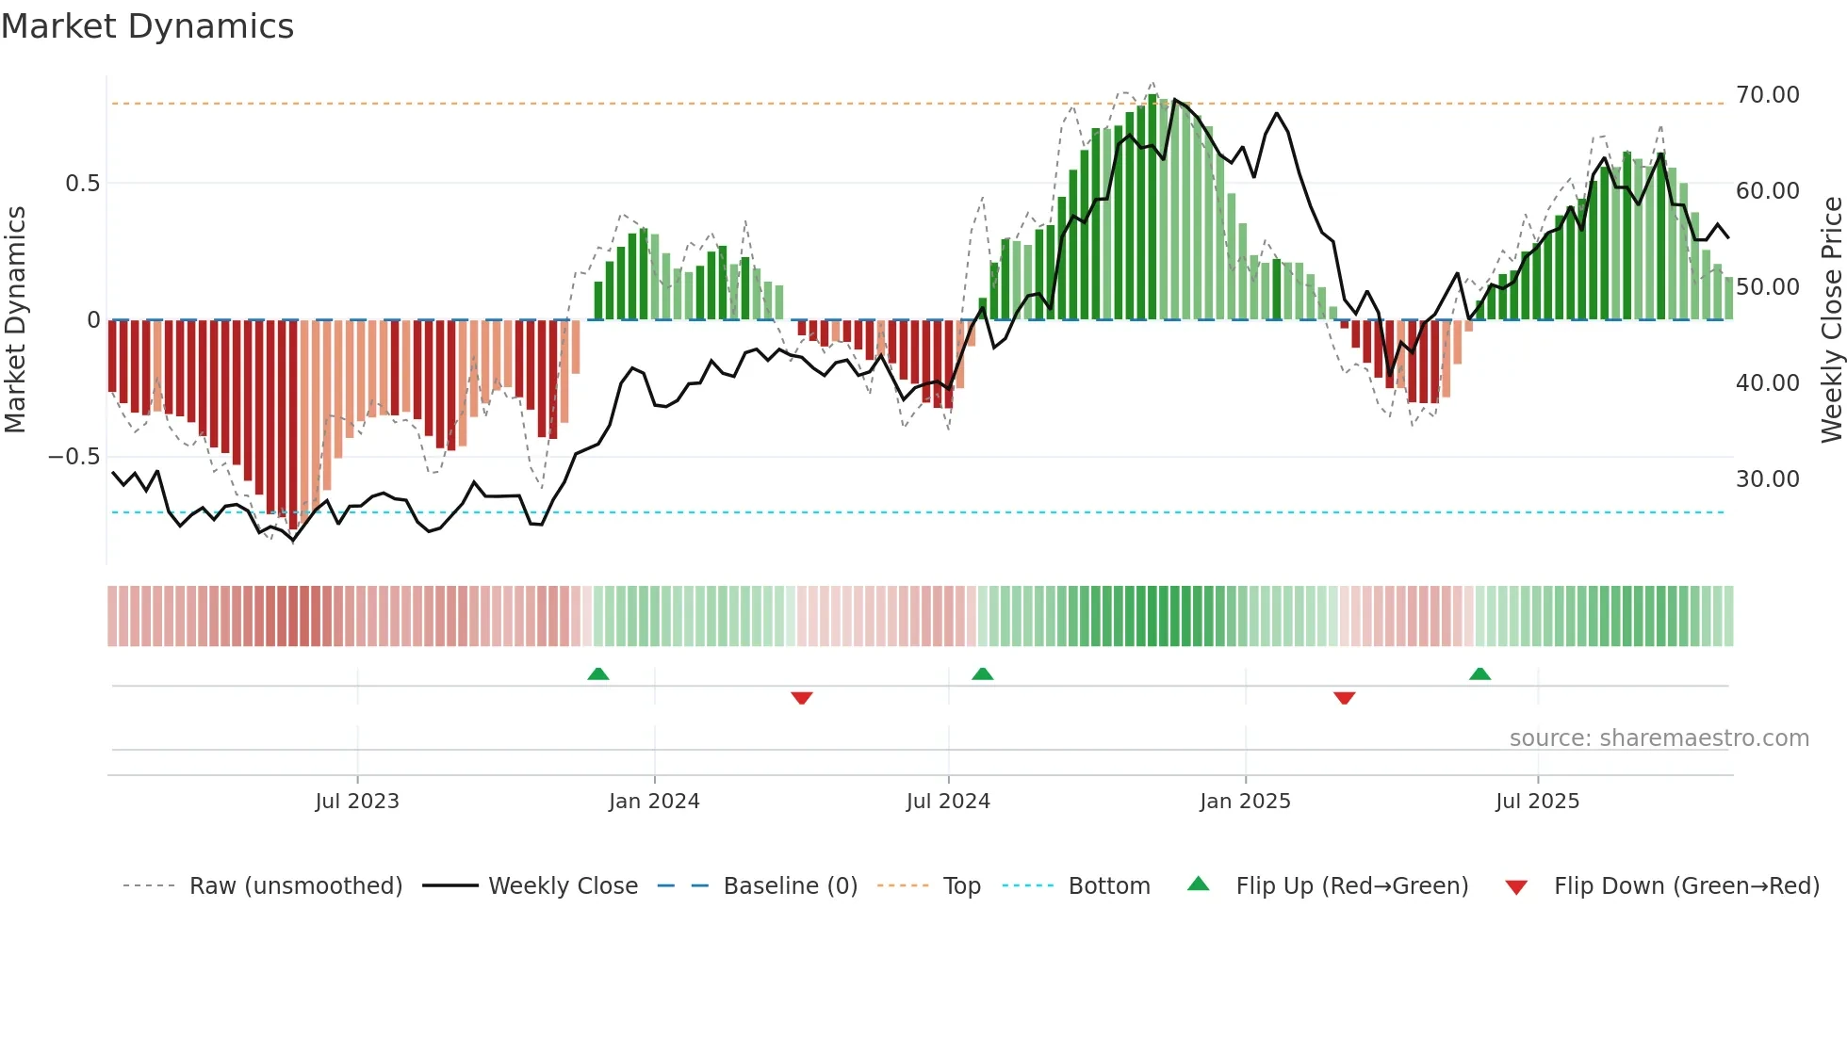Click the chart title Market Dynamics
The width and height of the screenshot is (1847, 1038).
[x=147, y=26]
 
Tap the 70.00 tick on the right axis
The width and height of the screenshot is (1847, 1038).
[x=1767, y=95]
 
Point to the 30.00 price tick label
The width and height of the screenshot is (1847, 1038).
[x=1767, y=479]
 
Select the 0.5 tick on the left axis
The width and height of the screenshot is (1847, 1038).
[x=82, y=184]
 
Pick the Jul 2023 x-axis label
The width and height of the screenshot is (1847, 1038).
[x=357, y=802]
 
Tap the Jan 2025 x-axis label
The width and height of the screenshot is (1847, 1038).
[x=1245, y=802]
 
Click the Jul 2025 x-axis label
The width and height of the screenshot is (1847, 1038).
[x=1537, y=802]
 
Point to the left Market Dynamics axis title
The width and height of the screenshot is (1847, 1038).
[x=15, y=320]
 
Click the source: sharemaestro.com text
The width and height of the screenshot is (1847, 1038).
[x=1659, y=738]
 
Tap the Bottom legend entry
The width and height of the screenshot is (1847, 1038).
[x=1108, y=886]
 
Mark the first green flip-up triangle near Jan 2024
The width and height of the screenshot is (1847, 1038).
[x=598, y=673]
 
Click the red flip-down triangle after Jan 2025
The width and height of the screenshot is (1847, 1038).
[x=1345, y=697]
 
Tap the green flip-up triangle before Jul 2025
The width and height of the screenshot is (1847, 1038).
[x=1479, y=673]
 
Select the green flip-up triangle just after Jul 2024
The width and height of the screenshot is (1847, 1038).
[x=982, y=673]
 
